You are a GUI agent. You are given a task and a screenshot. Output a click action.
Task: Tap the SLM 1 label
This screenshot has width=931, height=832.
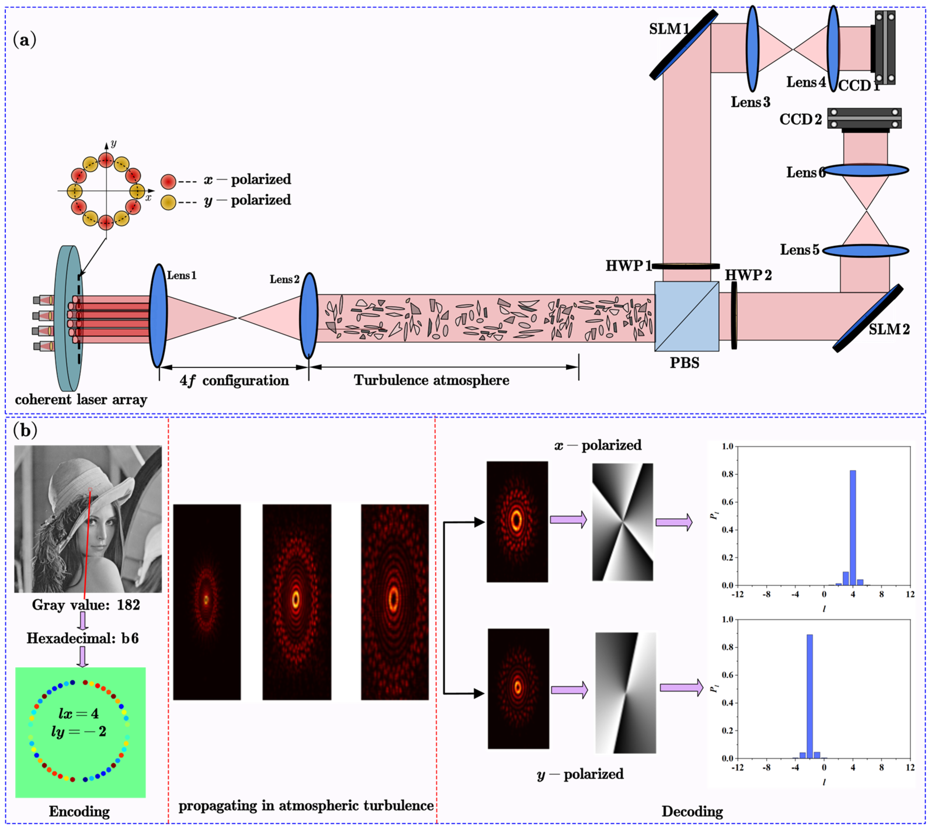coord(668,29)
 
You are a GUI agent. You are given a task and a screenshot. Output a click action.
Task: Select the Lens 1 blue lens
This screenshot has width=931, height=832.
coord(158,315)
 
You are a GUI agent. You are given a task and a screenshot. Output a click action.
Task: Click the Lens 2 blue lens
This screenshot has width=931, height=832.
coord(309,315)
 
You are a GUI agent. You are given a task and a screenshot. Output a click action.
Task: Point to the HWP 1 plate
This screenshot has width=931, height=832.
coord(685,266)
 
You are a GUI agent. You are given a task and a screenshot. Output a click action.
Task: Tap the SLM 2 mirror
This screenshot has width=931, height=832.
coord(867,318)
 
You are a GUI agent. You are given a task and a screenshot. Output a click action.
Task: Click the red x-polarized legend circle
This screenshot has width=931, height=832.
coord(168,182)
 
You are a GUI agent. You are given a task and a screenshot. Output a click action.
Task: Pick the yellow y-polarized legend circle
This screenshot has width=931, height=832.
coord(168,202)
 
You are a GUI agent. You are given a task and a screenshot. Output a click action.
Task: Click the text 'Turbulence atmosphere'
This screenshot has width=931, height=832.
coord(431,380)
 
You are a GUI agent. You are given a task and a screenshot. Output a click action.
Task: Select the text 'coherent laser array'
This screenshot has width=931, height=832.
coord(81,400)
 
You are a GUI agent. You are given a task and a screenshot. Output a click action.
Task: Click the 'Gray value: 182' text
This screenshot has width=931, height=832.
coord(86,605)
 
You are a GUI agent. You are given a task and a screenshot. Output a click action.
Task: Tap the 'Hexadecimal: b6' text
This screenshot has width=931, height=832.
coord(82,638)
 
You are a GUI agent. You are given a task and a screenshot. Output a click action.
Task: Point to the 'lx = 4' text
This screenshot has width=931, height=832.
coord(79,713)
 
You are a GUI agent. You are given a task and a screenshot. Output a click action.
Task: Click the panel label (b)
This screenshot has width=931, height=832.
coord(25,430)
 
